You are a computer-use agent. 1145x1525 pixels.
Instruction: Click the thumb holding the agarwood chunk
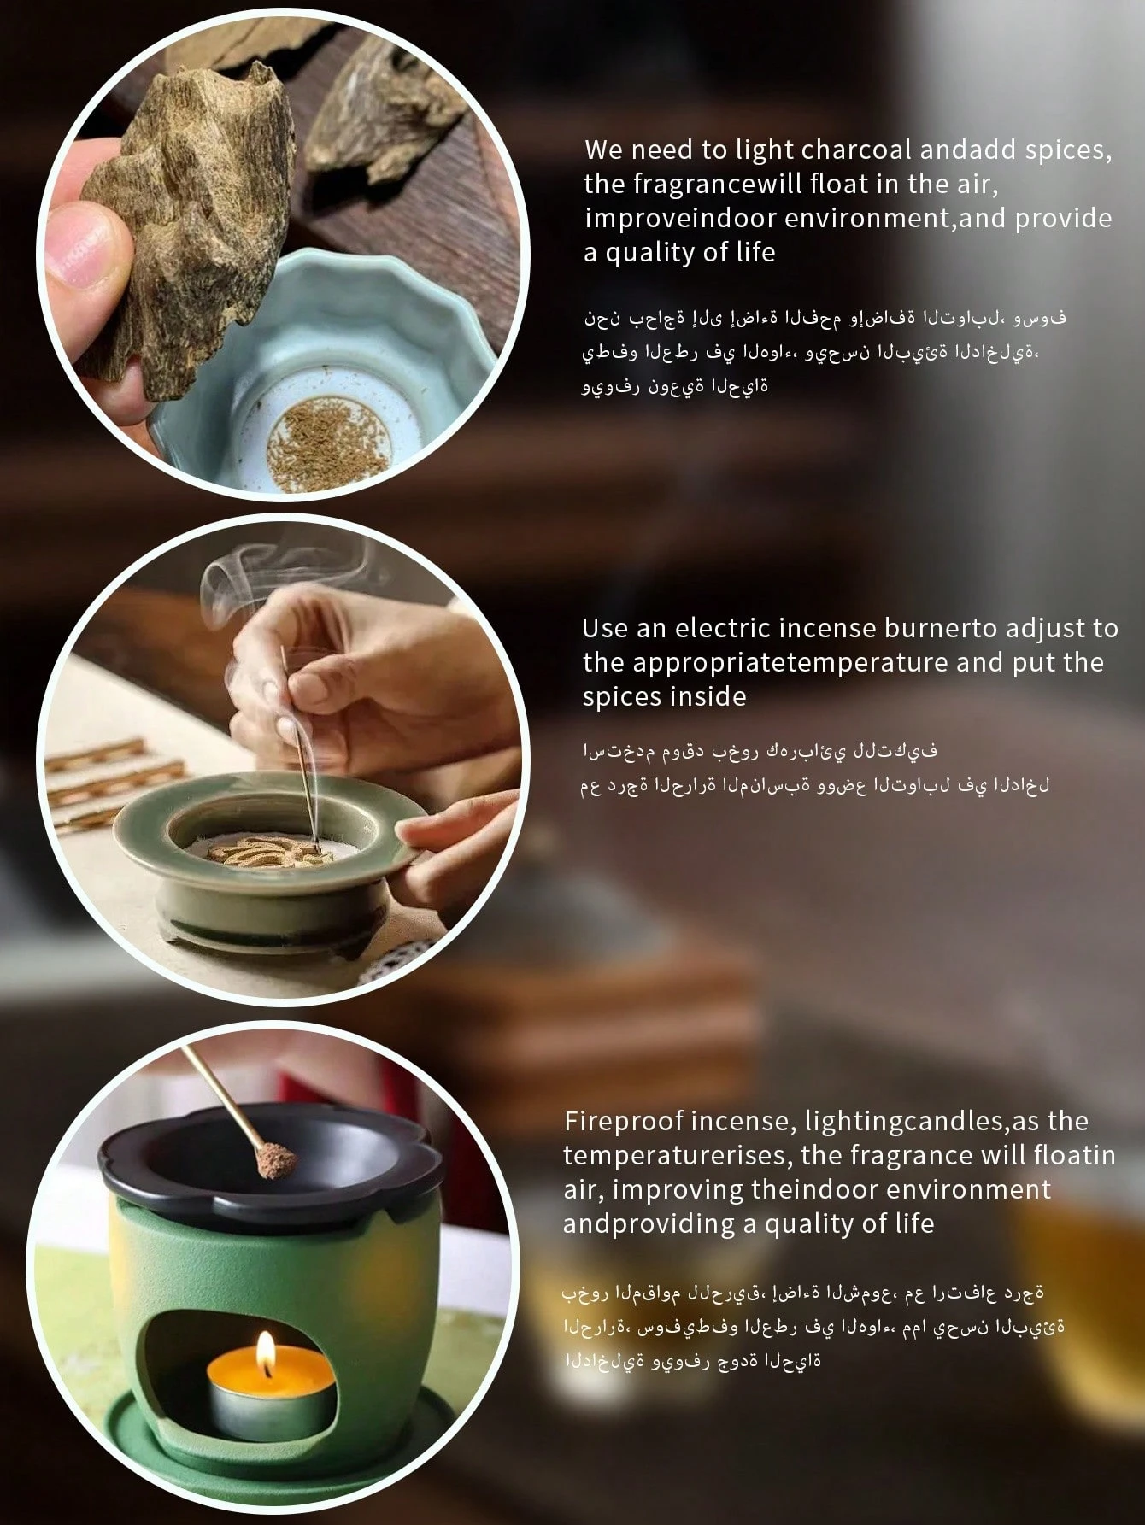pos(85,248)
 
